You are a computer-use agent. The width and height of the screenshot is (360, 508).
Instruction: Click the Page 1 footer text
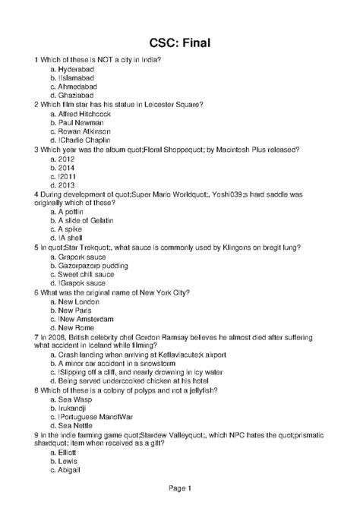click(179, 487)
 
